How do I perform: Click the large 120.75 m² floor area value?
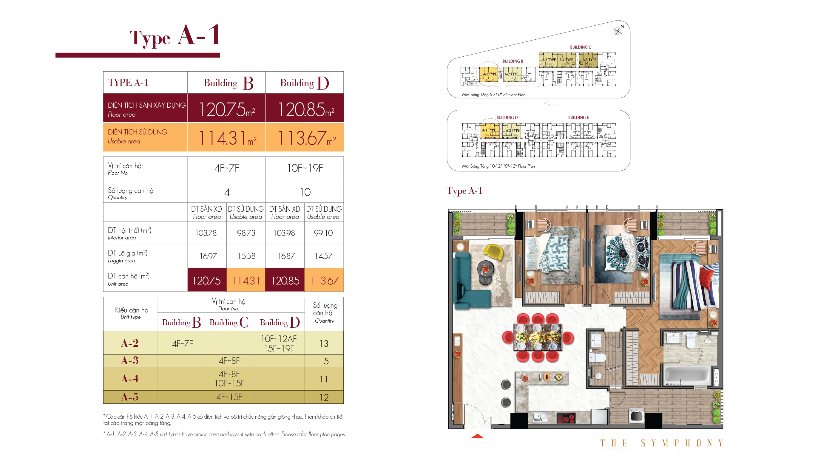click(226, 109)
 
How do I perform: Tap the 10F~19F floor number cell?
click(305, 168)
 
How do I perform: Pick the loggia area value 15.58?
click(246, 256)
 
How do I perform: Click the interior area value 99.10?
click(323, 233)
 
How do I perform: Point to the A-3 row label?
click(130, 360)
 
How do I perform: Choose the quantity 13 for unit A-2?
click(324, 344)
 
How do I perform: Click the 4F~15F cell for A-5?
click(229, 397)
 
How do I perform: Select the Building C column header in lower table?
click(229, 322)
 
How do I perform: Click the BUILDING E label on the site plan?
click(578, 118)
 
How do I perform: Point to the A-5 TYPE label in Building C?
click(589, 60)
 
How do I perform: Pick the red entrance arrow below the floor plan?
click(477, 436)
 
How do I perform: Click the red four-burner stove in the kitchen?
click(566, 418)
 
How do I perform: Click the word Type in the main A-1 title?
click(150, 38)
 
